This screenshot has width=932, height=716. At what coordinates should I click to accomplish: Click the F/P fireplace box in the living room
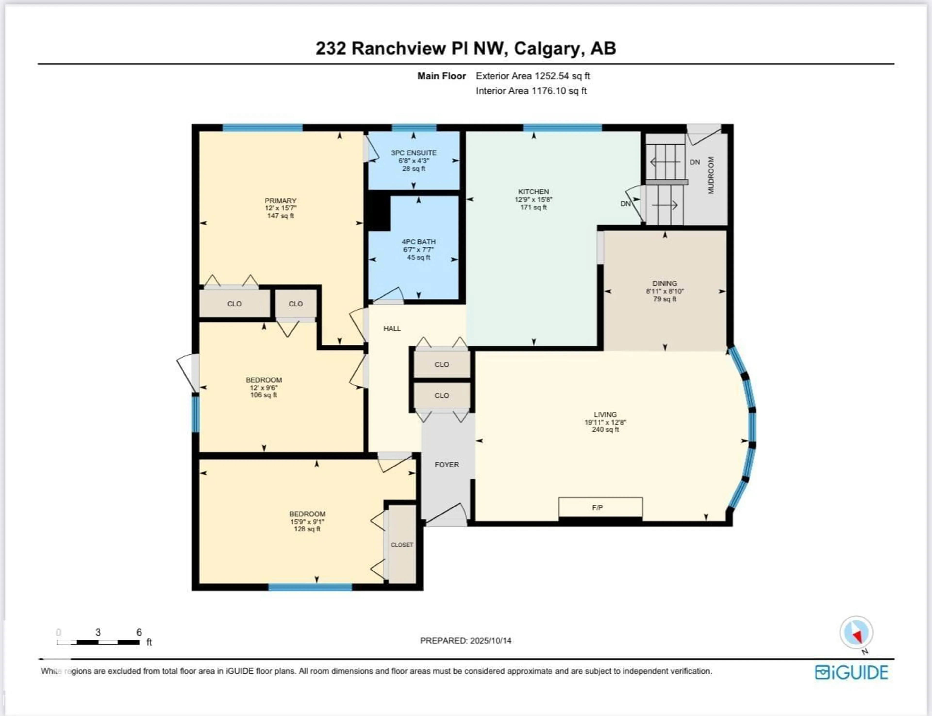point(600,507)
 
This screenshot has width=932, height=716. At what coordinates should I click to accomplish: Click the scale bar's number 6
point(139,632)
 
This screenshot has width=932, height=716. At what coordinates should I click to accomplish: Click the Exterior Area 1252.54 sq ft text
point(533,76)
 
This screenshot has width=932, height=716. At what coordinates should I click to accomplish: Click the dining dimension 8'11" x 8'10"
point(665,291)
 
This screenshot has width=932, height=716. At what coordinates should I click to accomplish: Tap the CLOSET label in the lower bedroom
point(402,545)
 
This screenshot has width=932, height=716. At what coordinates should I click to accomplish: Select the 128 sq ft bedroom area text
point(307,529)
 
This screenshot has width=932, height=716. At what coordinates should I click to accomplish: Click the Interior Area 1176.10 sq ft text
point(531,91)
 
